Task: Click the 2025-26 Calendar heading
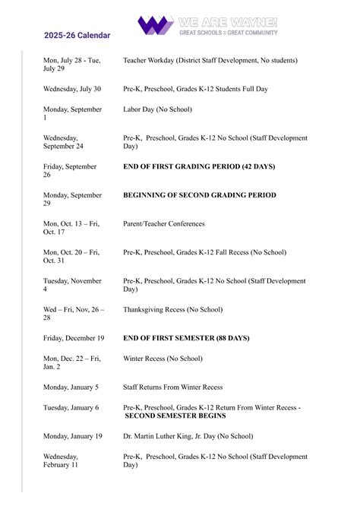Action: pos(77,35)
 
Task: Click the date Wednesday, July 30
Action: pos(72,89)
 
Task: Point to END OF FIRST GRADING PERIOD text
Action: pos(199,166)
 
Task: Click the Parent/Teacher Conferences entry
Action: pos(163,224)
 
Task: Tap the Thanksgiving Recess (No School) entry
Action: pos(172,309)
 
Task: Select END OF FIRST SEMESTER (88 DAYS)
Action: pos(186,338)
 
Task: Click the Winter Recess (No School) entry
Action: pos(163,359)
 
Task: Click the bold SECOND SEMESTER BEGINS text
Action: pos(175,416)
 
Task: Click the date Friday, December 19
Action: pos(74,338)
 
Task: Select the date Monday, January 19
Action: pos(72,436)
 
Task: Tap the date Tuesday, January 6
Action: pos(71,407)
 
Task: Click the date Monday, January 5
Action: pos(71,387)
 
